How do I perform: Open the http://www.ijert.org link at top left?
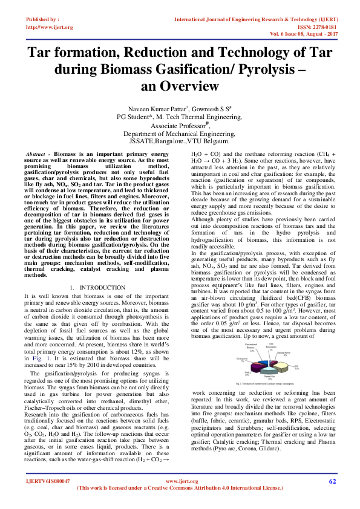click(x=49, y=27)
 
